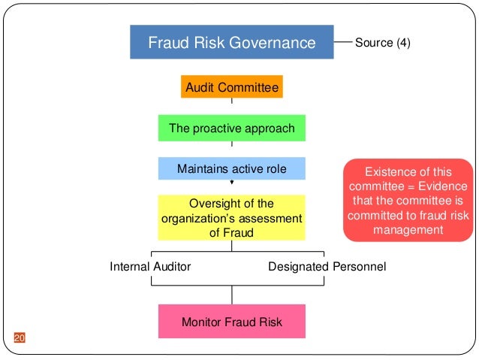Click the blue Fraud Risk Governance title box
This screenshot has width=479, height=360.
coord(232,42)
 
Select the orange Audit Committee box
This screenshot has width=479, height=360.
coord(232,87)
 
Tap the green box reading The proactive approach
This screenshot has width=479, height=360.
coord(232,128)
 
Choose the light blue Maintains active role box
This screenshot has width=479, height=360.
coord(232,169)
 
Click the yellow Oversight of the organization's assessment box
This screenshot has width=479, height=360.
coord(232,218)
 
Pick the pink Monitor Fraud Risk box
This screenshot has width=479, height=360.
coord(232,322)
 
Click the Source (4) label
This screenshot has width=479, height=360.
coord(383,43)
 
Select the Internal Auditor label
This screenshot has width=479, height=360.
coord(150,267)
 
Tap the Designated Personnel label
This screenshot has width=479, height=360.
coord(327,267)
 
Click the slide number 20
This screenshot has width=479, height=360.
coord(20,337)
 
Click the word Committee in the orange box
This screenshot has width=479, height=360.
coord(253,88)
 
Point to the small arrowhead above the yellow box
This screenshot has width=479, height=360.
coord(232,182)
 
